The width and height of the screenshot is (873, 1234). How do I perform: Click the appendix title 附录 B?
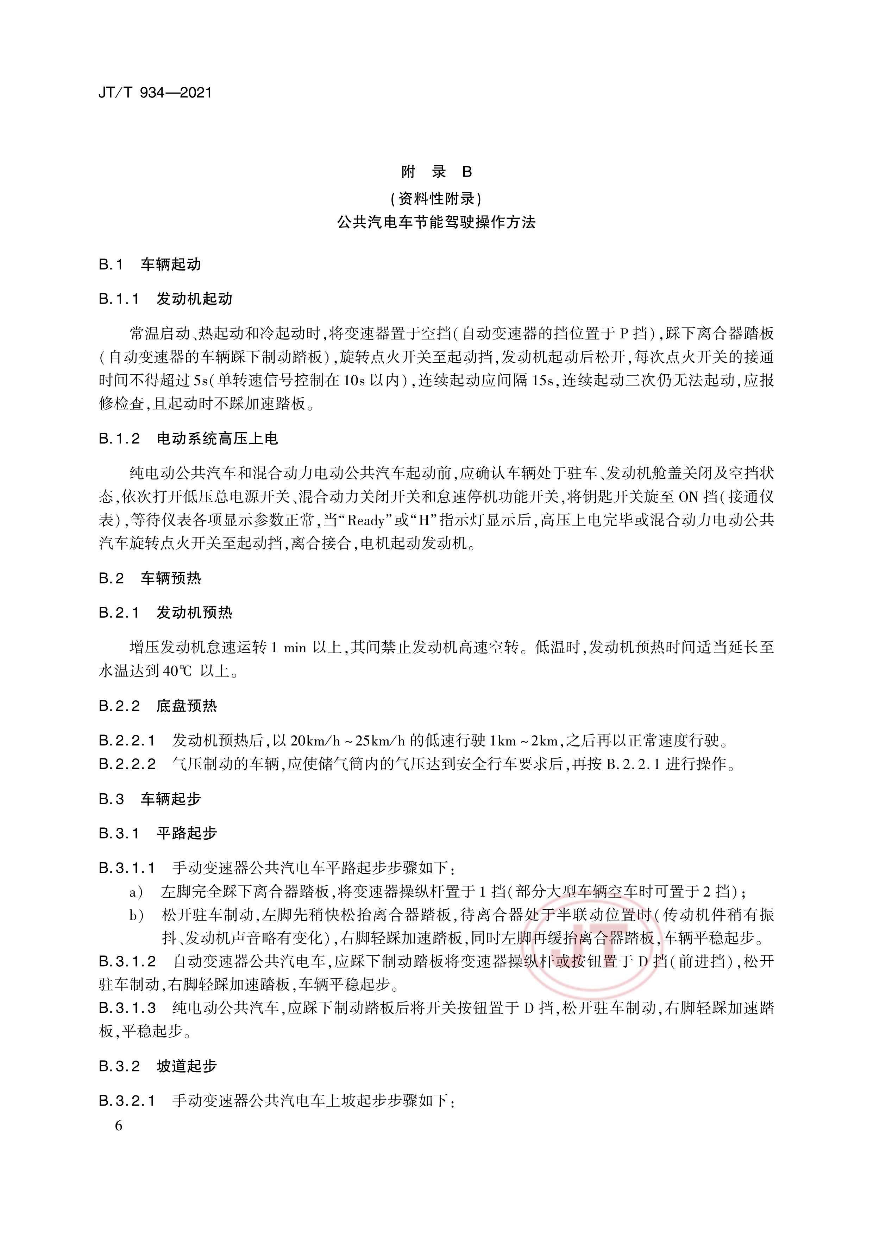point(436,172)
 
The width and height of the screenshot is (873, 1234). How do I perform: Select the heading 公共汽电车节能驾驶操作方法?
point(436,223)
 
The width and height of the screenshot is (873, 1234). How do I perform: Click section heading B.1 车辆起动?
point(150,265)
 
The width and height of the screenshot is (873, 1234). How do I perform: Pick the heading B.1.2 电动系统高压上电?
point(188,439)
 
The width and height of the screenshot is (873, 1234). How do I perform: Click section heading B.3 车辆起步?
point(150,799)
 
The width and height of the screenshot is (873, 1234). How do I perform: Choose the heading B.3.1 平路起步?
point(158,834)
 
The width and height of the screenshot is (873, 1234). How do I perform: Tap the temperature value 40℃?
point(177,671)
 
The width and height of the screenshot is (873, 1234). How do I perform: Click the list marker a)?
point(136,892)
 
